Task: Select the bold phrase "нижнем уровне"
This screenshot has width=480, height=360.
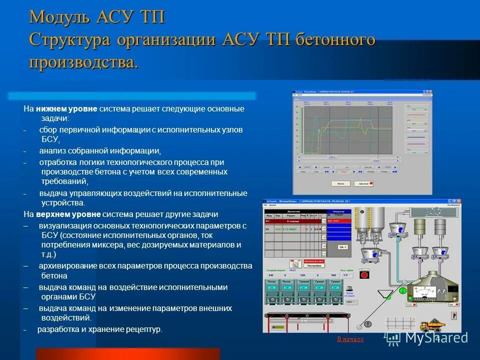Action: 66,108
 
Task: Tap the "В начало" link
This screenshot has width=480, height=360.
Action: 350,339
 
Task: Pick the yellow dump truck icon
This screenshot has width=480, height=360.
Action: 432,326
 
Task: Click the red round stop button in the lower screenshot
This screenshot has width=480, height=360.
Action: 364,274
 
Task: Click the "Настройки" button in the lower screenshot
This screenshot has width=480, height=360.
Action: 314,265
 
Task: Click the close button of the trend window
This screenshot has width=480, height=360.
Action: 429,92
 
